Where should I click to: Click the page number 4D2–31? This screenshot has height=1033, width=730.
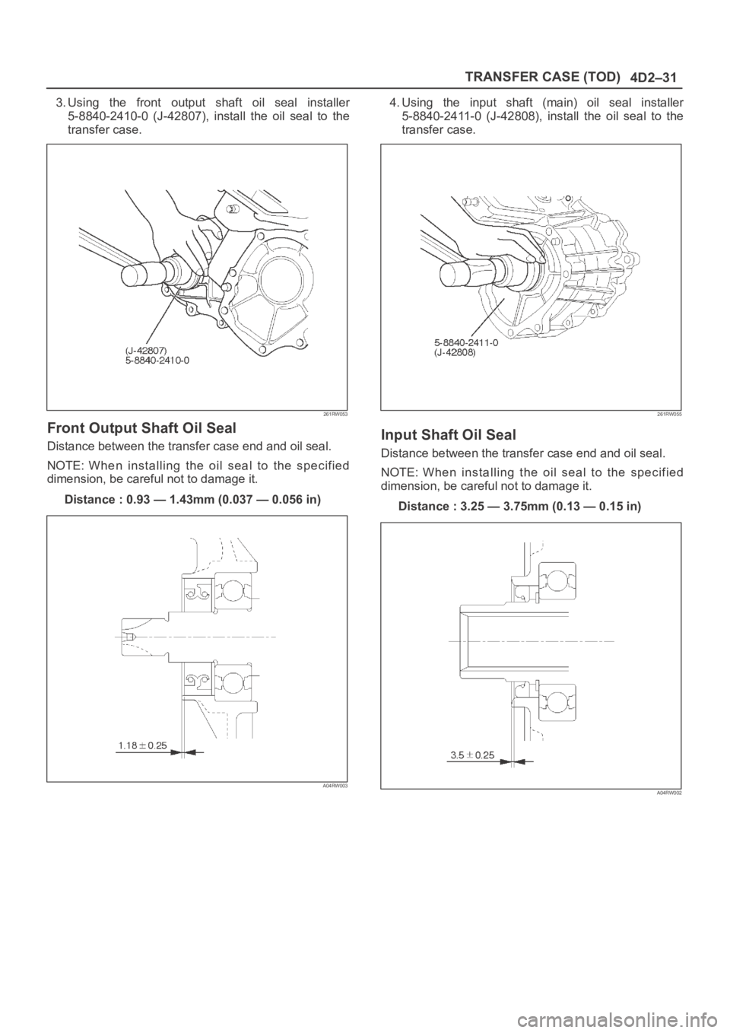click(652, 78)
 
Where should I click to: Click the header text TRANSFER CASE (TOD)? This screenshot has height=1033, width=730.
click(541, 77)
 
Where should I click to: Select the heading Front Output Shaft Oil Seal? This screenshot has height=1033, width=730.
click(141, 428)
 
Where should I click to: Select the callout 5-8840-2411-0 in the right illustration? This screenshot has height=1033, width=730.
click(466, 342)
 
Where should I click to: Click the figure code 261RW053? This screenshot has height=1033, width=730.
click(335, 415)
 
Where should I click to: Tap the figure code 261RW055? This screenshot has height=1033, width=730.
click(669, 415)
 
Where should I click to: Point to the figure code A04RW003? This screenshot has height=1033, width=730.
click(335, 787)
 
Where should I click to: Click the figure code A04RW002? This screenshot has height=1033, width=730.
click(669, 793)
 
